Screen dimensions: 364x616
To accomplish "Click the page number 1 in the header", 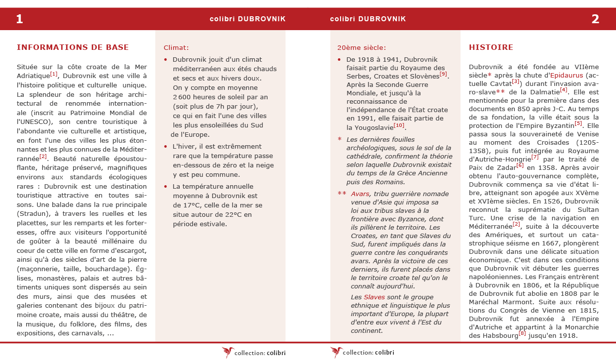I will pyautogui.click(x=19, y=19).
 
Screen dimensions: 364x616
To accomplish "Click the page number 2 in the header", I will pyautogui.click(x=595, y=19).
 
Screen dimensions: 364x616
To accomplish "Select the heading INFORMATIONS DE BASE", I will pyautogui.click(x=73, y=47).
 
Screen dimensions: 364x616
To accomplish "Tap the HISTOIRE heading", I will pyautogui.click(x=491, y=47).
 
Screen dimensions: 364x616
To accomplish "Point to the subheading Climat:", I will pyautogui.click(x=176, y=48).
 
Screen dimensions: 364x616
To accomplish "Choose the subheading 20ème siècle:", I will pyautogui.click(x=361, y=48).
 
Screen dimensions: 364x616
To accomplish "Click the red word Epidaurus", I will pyautogui.click(x=566, y=76).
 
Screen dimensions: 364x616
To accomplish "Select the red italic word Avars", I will pyautogui.click(x=360, y=194).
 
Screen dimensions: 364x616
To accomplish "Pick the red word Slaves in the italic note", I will pyautogui.click(x=374, y=297).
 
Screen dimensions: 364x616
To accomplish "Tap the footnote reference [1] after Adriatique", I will pyautogui.click(x=54, y=74).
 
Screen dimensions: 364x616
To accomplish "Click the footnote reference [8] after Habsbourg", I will pyautogui.click(x=522, y=333).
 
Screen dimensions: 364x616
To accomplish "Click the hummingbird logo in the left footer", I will pyautogui.click(x=228, y=352).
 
